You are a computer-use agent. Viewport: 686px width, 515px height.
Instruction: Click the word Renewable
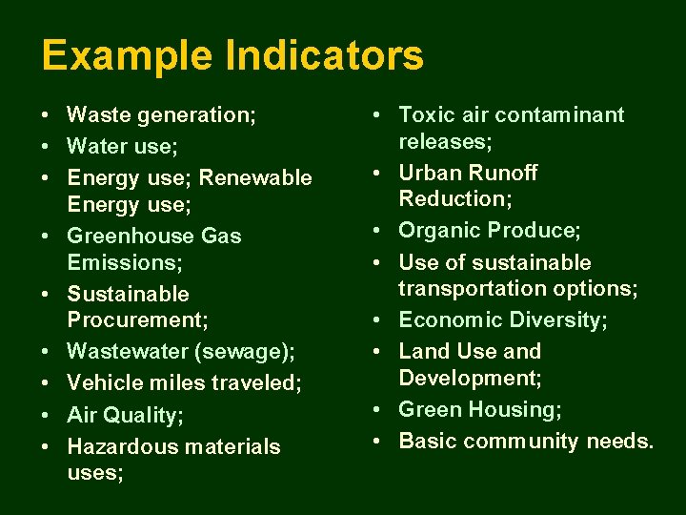pyautogui.click(x=255, y=177)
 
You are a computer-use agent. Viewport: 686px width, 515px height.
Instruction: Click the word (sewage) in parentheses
pyautogui.click(x=245, y=351)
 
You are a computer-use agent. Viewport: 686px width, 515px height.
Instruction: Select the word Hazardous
pyautogui.click(x=128, y=446)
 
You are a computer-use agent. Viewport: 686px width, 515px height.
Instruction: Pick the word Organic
pyautogui.click(x=439, y=231)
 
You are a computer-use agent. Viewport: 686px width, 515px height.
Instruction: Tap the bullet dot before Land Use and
pyautogui.click(x=379, y=351)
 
